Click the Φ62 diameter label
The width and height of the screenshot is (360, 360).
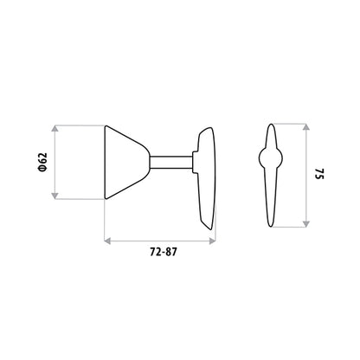42,163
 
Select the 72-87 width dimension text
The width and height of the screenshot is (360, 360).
163,252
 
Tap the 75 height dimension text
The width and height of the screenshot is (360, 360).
319,173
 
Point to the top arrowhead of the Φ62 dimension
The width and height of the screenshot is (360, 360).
55,128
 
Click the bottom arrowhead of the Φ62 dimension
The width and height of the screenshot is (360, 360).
55,196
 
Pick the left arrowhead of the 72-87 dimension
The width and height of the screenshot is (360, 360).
107,241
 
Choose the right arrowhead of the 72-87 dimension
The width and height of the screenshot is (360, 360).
212,241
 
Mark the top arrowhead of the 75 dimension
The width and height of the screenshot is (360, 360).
306,127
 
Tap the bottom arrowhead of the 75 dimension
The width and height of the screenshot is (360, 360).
306,224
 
